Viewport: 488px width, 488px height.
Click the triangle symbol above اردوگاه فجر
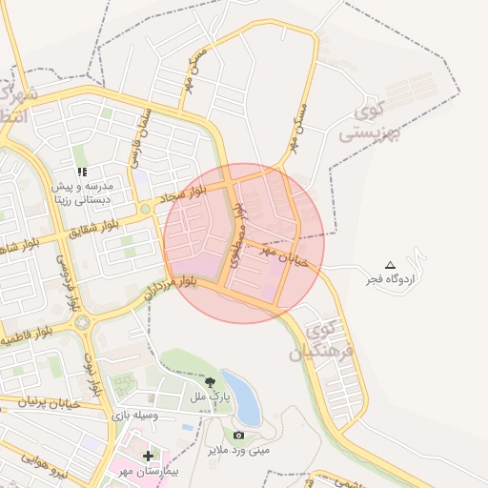(389, 264)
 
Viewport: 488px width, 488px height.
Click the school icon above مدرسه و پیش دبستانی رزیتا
(83, 172)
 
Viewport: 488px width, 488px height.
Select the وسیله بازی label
(132, 416)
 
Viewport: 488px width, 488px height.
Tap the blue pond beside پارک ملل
(242, 396)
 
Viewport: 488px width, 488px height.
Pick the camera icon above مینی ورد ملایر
(238, 435)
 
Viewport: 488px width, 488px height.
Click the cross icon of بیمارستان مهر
(147, 457)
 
